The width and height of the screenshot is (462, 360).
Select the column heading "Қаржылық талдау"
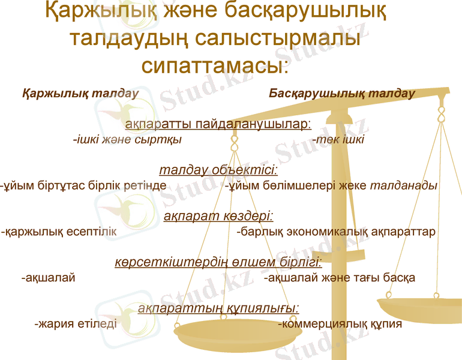pos(80,94)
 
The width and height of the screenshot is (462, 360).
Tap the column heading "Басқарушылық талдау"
pos(342,94)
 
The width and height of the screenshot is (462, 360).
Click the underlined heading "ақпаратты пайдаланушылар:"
pos(218,124)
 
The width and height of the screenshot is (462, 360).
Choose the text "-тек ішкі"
pos(338,140)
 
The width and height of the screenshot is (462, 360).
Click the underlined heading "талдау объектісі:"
pos(218,170)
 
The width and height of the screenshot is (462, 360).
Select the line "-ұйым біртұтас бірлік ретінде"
pos(83,185)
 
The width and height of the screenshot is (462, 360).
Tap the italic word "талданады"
pos(403,185)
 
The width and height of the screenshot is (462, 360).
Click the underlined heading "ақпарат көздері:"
pos(218,216)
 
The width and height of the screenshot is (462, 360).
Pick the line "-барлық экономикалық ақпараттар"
pos(336,232)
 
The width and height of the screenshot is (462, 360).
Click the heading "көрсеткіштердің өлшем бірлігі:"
pos(218,262)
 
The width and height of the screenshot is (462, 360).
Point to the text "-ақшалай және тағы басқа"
pos(340,278)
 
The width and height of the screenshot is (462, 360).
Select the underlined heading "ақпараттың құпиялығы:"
pos(218,308)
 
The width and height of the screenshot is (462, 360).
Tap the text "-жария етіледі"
pos(76,324)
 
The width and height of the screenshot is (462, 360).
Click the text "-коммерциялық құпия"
pos(340,324)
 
